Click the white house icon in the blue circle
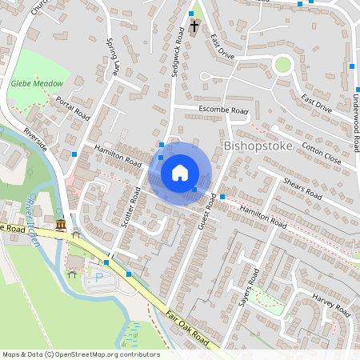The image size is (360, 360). pyautogui.click(x=180, y=173)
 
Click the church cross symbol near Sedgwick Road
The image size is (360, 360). pyautogui.click(x=194, y=27)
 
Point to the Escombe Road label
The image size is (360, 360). pyautogui.click(x=223, y=111)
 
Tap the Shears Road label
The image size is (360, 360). pyautogui.click(x=302, y=189)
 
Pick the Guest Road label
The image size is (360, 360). pyautogui.click(x=206, y=211)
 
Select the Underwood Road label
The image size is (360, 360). pyautogui.click(x=353, y=120)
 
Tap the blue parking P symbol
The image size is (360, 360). pyautogui.click(x=99, y=277)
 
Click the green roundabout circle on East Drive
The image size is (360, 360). pyautogui.click(x=282, y=64)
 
